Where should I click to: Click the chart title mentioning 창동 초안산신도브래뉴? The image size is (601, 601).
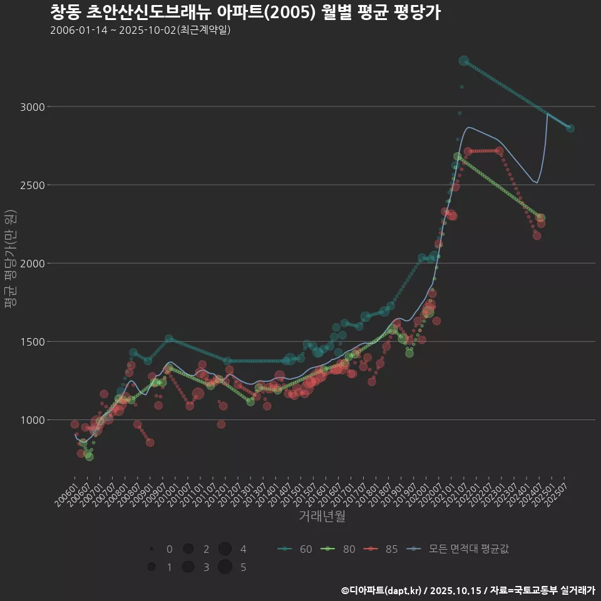pos(245,12)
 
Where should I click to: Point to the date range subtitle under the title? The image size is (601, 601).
pos(140,30)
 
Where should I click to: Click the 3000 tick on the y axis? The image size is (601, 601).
pos(32,107)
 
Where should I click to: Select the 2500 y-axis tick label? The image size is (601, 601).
pos(32,185)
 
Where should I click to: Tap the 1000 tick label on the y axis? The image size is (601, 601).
pos(32,420)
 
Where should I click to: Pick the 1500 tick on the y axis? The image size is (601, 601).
pos(32,342)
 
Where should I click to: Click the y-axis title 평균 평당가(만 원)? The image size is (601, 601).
pos(10,259)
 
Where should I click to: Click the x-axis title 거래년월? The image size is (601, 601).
pos(322,516)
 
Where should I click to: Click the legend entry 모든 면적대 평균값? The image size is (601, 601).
pos(458,549)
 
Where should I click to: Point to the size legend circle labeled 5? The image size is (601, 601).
pos(225,567)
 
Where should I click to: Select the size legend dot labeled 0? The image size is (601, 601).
pos(152,549)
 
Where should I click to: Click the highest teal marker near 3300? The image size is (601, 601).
pos(464,61)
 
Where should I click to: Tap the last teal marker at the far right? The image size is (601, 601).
pos(570,128)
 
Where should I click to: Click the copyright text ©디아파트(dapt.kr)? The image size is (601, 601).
pos(383,590)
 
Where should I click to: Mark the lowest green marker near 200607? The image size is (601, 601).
pos(90,456)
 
